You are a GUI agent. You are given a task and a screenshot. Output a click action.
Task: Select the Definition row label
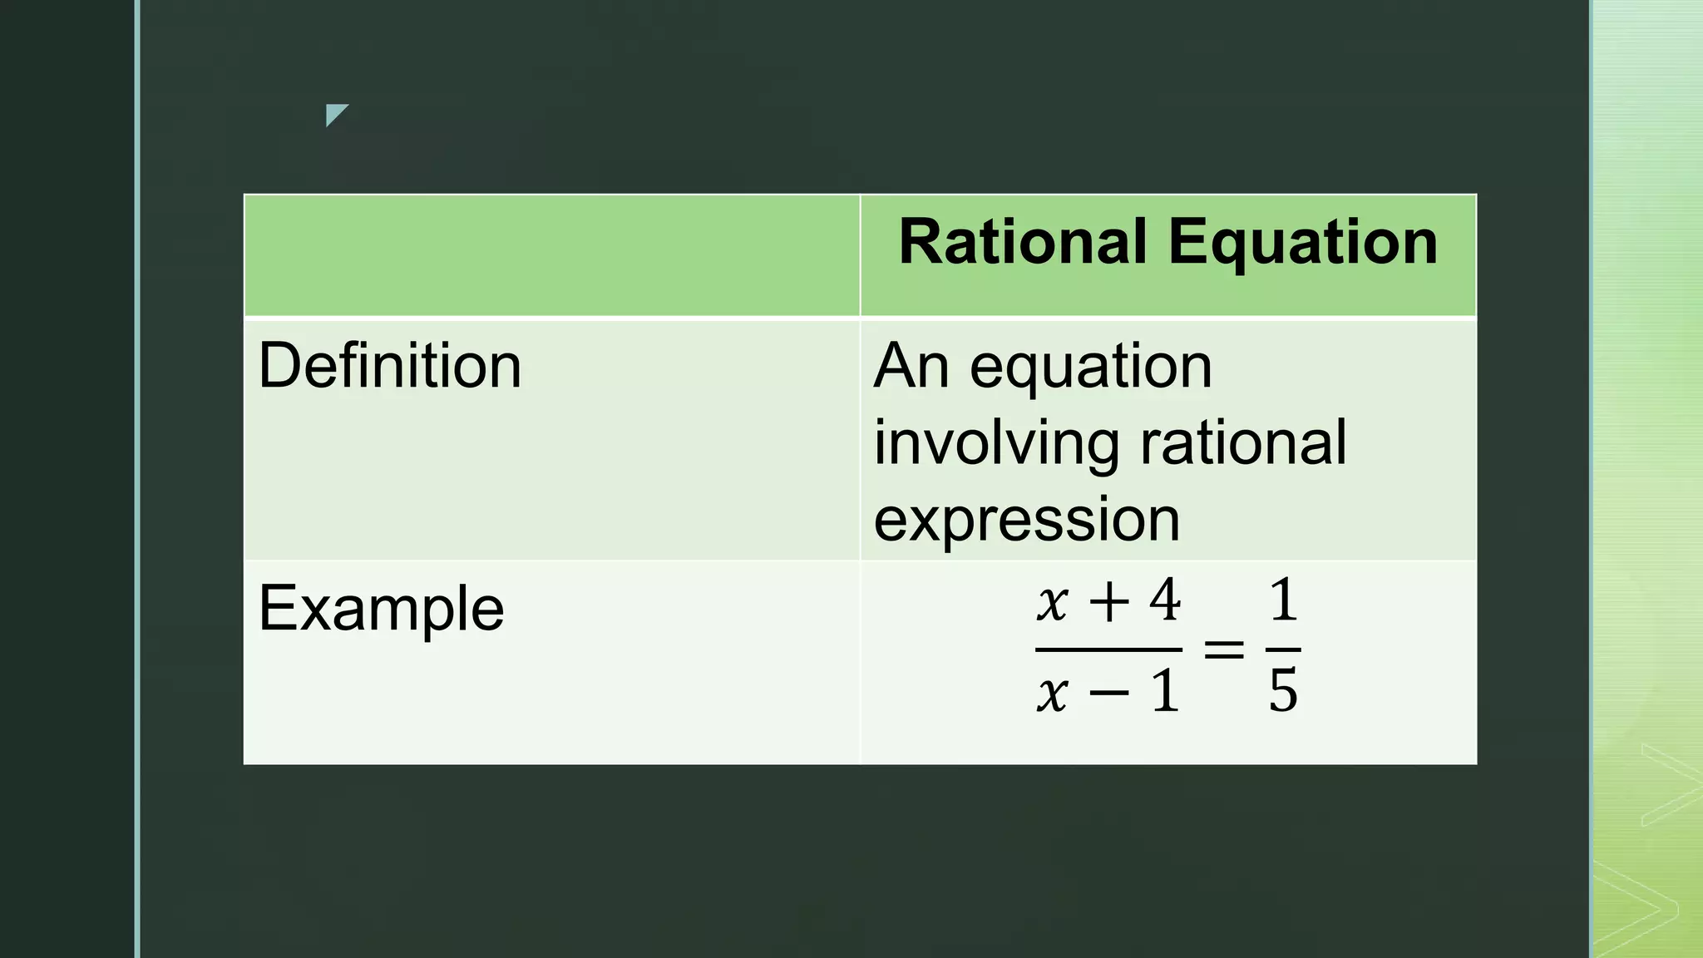click(389, 366)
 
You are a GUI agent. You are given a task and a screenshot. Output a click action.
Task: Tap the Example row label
click(381, 609)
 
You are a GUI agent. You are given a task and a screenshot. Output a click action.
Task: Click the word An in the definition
click(911, 366)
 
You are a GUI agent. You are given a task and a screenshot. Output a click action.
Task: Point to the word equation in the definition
click(1091, 368)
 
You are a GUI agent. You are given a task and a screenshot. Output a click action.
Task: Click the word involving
click(997, 443)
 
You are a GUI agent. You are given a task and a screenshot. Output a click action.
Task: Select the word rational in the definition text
click(1243, 442)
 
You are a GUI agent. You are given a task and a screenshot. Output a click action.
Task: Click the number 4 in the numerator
click(1164, 600)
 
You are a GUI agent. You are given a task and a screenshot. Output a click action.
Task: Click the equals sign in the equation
click(1224, 649)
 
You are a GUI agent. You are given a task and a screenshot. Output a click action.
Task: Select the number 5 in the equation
click(1283, 690)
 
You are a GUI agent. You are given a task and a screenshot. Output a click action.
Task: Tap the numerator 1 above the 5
click(1283, 600)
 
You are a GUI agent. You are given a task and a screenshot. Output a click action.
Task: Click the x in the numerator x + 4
click(1052, 603)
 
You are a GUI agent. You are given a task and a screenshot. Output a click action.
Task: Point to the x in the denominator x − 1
click(1052, 693)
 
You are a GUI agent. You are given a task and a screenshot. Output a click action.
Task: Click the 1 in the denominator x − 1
click(1165, 691)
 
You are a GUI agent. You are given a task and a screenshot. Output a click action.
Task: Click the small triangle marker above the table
click(335, 114)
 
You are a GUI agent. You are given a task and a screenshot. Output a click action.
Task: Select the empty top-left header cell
click(551, 255)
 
